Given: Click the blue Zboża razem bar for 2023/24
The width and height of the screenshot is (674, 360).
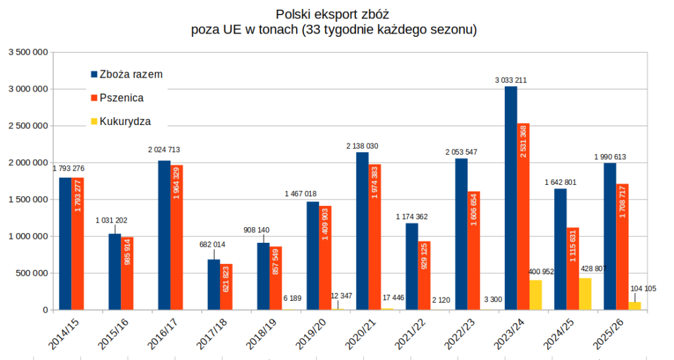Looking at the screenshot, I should [511, 197].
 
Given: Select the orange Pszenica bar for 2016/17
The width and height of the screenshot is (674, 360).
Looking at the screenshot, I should [177, 237].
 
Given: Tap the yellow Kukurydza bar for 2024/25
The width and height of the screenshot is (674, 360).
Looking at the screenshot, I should [585, 294].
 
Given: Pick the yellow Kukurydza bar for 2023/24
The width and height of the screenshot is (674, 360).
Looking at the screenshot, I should [536, 295].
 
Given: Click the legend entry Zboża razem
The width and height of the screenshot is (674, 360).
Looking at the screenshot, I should [130, 74].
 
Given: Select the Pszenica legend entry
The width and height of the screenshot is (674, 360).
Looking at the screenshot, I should [121, 97].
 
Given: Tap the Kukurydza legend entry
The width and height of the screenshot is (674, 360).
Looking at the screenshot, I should [125, 121].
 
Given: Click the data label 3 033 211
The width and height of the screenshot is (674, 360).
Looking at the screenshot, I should [511, 80].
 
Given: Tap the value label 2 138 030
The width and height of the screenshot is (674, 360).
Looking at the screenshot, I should [363, 146].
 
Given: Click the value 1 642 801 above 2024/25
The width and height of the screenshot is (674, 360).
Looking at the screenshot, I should [560, 182].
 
